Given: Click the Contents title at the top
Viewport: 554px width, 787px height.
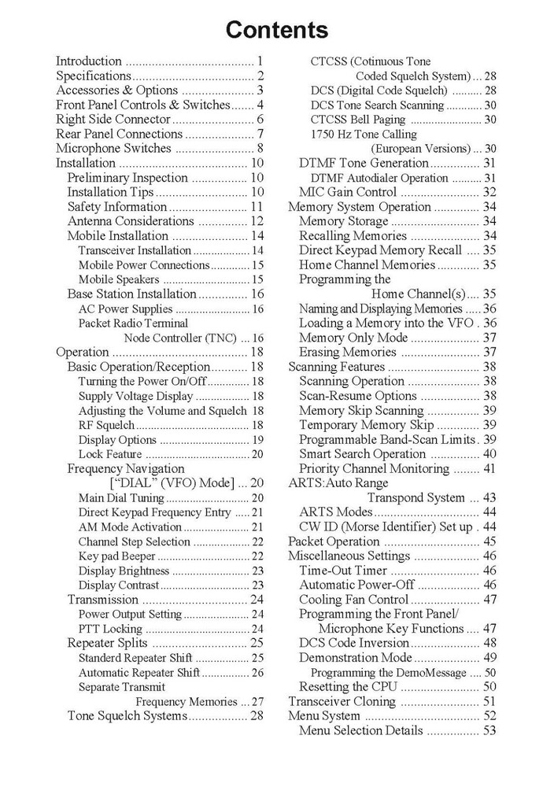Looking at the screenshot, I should [x=277, y=31].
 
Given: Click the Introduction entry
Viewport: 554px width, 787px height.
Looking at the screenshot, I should [x=89, y=61].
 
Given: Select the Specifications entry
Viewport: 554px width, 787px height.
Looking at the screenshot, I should [x=93, y=76].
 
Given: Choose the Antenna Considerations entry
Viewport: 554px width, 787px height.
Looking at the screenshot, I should [x=127, y=221].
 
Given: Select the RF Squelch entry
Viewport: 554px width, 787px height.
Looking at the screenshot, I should [x=106, y=425].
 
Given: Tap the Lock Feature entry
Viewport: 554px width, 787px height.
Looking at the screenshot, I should [x=110, y=454].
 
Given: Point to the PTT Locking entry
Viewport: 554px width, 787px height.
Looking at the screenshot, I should [x=110, y=629].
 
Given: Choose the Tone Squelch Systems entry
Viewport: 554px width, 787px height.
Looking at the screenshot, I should [x=127, y=716].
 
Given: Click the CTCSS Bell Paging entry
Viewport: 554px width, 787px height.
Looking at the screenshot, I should [x=358, y=120].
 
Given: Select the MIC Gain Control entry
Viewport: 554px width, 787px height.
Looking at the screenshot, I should [x=348, y=192].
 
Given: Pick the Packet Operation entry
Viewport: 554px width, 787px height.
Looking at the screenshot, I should [x=334, y=541].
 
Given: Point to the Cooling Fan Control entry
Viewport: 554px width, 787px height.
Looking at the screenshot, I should [x=354, y=600].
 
